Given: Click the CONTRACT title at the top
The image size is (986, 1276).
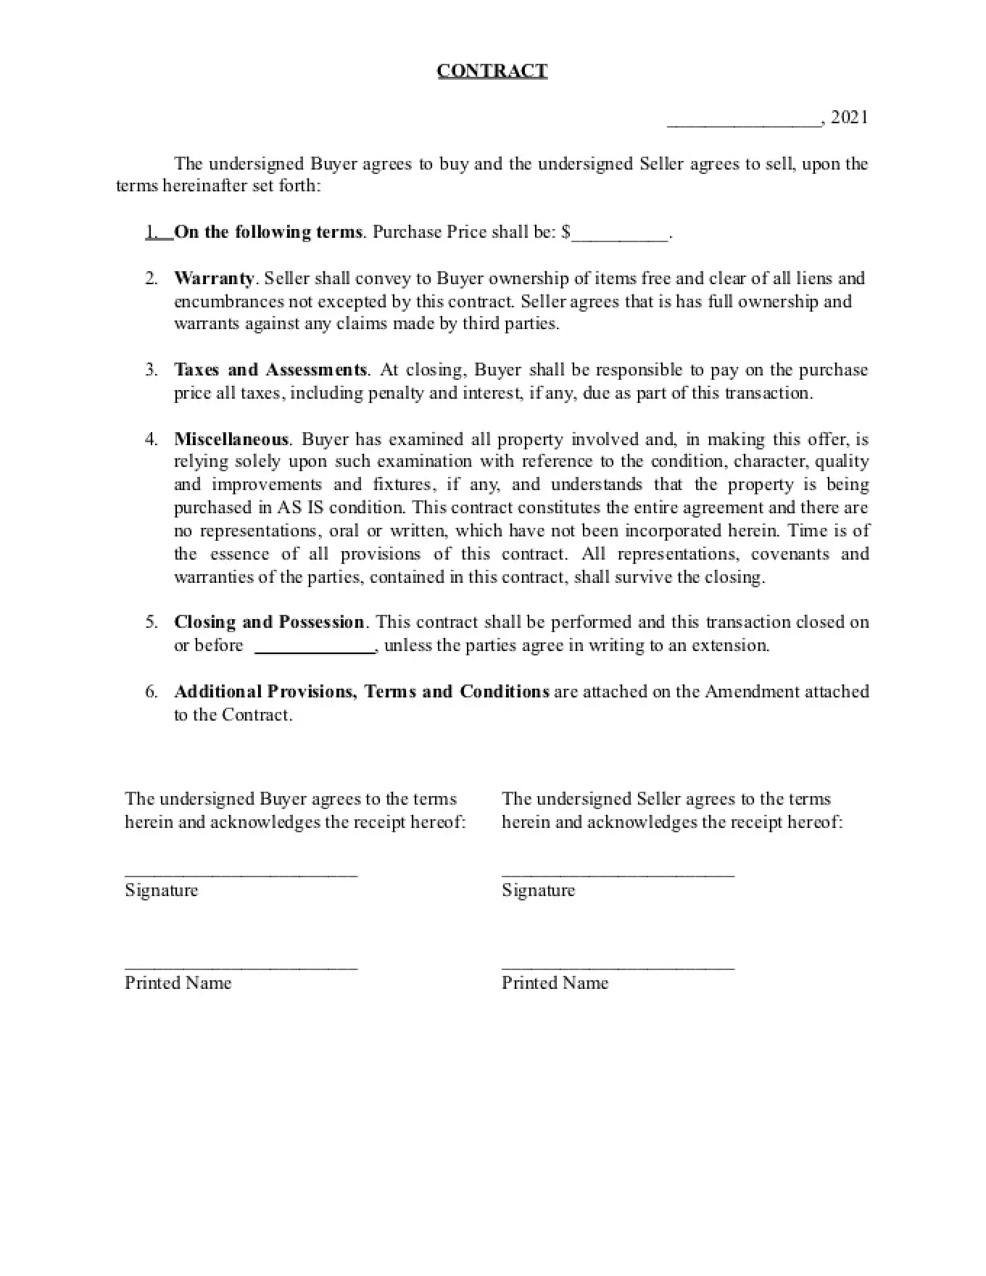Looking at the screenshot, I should click(492, 70).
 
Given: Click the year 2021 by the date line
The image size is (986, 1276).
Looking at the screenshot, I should click(849, 117).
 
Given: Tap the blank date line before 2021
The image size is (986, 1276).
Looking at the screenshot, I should click(743, 123).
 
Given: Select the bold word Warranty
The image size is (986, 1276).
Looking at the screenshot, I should click(214, 278).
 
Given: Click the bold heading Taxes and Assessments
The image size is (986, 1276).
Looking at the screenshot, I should click(270, 370).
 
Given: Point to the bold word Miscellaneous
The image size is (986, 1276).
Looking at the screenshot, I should click(231, 439).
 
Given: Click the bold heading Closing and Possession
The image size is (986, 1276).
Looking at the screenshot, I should click(269, 622).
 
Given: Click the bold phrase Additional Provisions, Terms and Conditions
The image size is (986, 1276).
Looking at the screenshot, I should click(362, 692).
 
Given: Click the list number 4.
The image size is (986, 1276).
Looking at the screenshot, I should click(151, 439).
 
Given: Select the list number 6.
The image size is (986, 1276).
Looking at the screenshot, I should click(151, 692).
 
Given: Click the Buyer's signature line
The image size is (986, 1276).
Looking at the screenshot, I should click(241, 873).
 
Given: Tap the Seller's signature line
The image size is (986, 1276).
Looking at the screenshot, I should click(618, 873).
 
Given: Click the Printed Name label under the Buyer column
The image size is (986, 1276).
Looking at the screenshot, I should click(178, 983).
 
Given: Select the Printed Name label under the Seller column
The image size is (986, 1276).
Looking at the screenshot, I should click(555, 983).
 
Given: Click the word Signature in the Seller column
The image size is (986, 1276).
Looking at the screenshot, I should click(538, 890).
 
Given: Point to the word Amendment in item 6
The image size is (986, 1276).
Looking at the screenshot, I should click(751, 692).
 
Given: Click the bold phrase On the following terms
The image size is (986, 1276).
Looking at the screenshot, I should click(268, 232).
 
